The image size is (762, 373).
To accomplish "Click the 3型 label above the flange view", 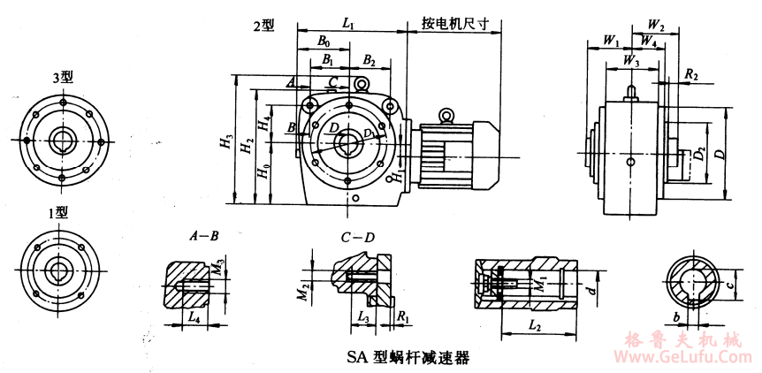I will [x=63, y=78].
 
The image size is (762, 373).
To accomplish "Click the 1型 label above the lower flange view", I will [x=58, y=212].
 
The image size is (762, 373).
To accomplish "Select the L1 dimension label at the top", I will [x=348, y=27].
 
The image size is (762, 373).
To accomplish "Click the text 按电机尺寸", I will [x=456, y=23].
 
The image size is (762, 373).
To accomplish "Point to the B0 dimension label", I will [x=324, y=42].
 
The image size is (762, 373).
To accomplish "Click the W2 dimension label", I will [x=656, y=24].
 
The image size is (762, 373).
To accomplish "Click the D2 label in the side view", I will [x=700, y=156].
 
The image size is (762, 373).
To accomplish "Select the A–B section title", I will [x=203, y=237].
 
